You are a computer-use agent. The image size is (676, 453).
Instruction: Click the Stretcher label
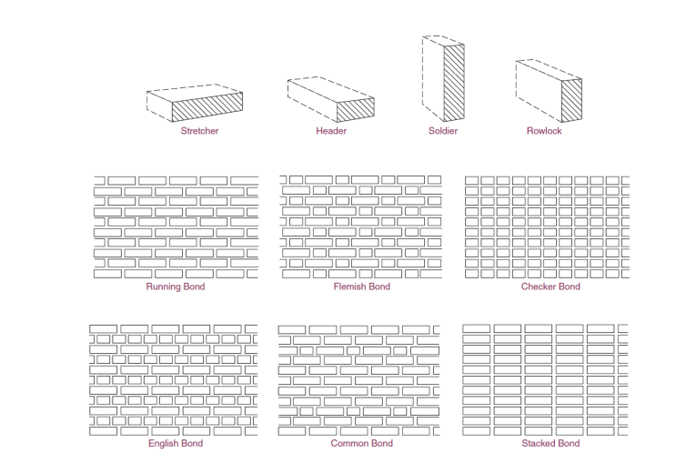coord(199,131)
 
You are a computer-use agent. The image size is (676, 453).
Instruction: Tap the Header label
coord(331,131)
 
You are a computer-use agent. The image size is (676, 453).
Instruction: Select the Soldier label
coord(443,131)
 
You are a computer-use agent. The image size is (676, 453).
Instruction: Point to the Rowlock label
coord(544,131)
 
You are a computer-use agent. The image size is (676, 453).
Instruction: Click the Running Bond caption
coord(176,287)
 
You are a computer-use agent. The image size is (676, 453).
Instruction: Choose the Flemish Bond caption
coord(362,287)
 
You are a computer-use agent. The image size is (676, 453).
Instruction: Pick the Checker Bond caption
coord(550,287)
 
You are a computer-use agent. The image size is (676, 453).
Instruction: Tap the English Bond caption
coord(176,444)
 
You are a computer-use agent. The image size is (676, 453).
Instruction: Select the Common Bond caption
coord(362,444)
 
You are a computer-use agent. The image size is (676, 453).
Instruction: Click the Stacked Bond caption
coord(550,444)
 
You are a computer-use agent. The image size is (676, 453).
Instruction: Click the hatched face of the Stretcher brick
coord(207,107)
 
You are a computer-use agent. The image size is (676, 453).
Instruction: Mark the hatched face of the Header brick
coord(355,110)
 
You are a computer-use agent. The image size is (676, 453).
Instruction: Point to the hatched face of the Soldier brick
coord(454,83)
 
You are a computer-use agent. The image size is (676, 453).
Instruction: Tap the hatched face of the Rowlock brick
coord(571,100)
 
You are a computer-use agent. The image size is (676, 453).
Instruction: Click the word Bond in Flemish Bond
coord(379,287)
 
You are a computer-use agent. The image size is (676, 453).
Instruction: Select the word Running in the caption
coord(163,287)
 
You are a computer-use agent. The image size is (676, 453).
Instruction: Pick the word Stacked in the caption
coord(538,444)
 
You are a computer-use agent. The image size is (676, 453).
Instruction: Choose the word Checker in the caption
coord(538,287)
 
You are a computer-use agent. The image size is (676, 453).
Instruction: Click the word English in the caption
coord(163,444)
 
